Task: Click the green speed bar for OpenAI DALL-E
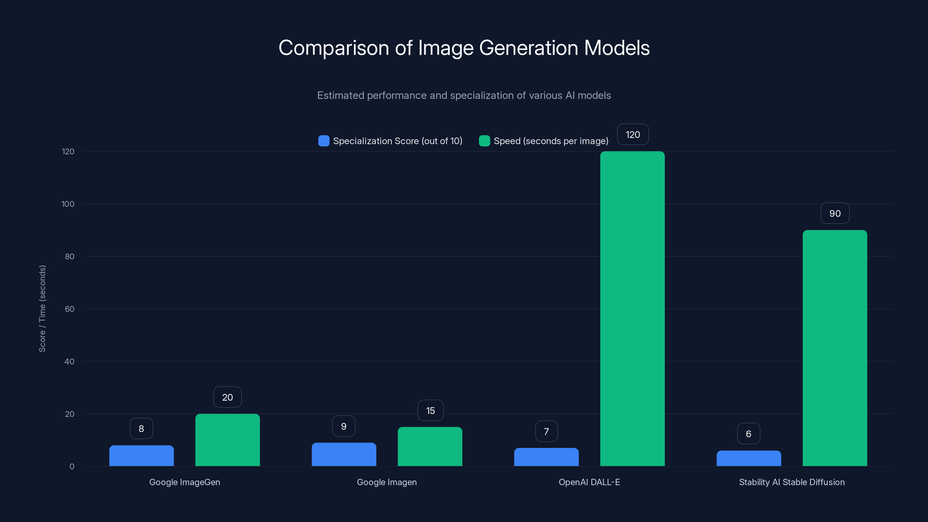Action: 632,309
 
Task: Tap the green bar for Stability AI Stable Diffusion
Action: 835,348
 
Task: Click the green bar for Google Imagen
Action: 430,447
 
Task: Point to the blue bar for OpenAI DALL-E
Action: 546,457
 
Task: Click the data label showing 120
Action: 632,135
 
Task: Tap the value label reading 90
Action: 835,213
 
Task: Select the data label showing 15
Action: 430,410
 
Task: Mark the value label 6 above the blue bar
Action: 748,434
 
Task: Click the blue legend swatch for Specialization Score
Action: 324,141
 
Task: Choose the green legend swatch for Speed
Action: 484,141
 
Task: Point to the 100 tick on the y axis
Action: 68,204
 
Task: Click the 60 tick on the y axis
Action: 69,309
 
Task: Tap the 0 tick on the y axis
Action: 72,467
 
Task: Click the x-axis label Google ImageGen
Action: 184,482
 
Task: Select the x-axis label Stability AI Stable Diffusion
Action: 791,482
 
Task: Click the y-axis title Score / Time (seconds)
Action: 42,309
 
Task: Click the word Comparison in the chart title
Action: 333,48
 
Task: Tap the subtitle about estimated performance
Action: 464,95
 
